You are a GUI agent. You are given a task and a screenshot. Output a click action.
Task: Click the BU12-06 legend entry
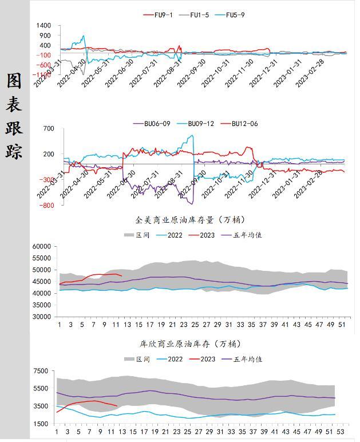click(x=241, y=123)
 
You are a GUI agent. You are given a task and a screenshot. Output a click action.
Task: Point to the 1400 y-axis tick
click(x=43, y=26)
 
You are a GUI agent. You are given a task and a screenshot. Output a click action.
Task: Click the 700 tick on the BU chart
click(x=48, y=129)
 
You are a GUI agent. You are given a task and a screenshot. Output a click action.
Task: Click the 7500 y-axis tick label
click(x=41, y=371)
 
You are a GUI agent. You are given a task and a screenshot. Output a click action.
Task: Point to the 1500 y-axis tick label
click(x=41, y=424)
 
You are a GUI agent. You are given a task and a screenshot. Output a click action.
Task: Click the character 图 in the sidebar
click(x=14, y=81)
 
